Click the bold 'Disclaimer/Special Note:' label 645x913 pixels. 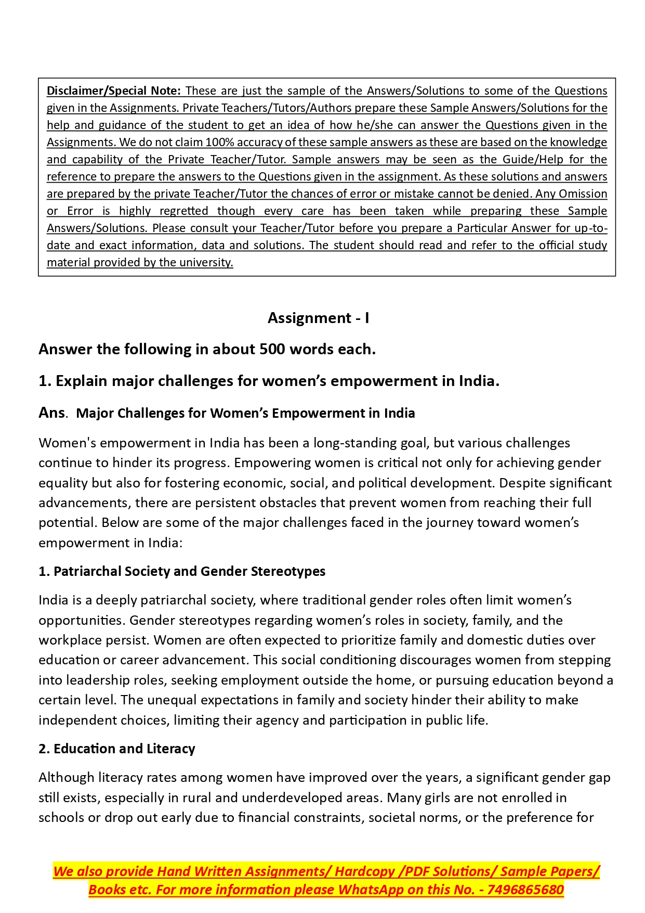114,91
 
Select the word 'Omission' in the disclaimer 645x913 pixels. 583,194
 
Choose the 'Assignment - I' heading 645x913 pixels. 318,318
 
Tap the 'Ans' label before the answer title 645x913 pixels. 52,413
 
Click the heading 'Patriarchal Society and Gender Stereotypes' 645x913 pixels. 189,571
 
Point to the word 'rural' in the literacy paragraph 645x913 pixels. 196,798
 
